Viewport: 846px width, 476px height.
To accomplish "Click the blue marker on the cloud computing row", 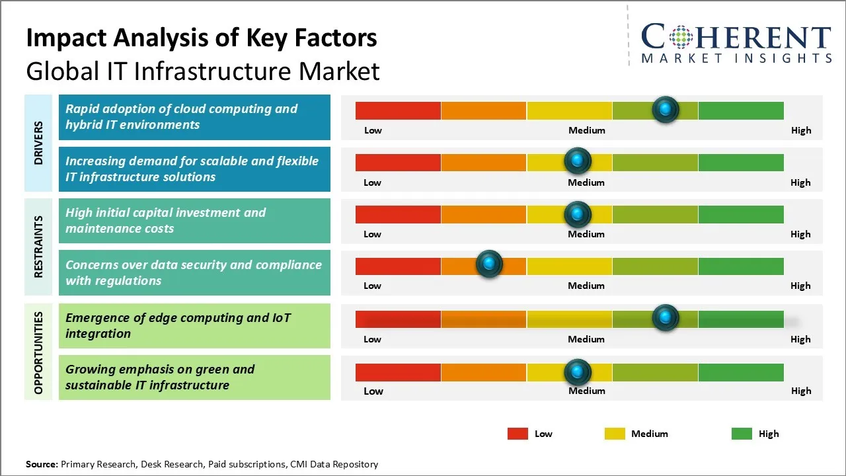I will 666,109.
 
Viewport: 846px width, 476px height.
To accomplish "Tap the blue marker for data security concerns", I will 490,264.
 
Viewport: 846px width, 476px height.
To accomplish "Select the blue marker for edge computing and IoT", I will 666,317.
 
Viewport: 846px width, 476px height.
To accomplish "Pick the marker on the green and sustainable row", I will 578,372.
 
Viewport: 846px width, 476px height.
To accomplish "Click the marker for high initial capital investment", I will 578,214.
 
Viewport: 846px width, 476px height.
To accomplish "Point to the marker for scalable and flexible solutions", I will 578,161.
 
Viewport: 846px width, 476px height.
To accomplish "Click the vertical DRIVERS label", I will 38,143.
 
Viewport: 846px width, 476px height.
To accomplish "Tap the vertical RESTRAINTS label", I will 38,247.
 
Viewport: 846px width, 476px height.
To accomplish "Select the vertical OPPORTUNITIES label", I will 38,352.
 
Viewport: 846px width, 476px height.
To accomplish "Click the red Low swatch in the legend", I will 518,434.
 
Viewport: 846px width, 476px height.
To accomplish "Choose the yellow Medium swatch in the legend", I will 615,434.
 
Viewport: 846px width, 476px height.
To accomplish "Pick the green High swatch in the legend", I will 742,434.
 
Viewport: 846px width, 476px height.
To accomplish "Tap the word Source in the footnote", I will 41,464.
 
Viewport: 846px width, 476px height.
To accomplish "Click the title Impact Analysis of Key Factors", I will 202,38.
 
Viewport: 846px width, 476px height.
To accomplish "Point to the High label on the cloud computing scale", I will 801,130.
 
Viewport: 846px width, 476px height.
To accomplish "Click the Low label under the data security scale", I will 372,286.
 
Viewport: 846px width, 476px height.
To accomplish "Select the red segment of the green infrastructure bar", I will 398,372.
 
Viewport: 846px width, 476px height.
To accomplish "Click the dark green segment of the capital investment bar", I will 741,214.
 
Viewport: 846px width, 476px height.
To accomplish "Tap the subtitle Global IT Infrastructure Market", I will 203,71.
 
